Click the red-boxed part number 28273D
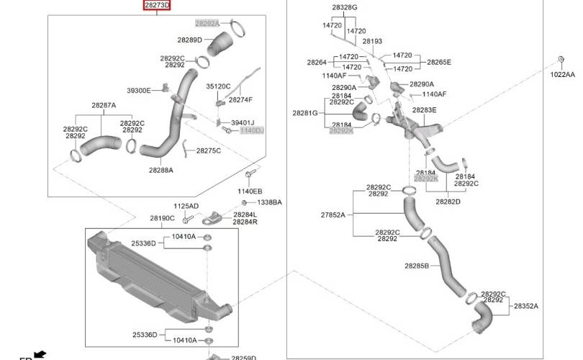157,5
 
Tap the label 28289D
189,40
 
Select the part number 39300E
139,91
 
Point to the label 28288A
161,170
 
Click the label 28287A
104,105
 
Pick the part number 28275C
208,150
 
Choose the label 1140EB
250,191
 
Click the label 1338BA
270,202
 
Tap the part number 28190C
162,218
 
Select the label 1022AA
563,74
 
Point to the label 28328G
345,7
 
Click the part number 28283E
424,110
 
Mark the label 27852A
333,215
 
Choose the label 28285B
417,266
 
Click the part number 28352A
526,306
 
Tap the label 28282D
448,202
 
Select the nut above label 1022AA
561,59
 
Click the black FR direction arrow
40,354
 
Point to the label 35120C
218,86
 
